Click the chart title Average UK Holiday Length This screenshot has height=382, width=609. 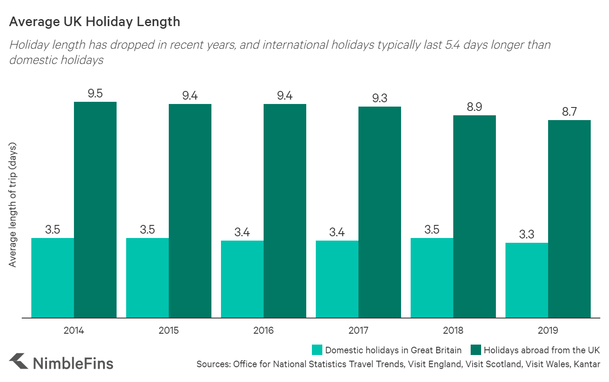pyautogui.click(x=94, y=22)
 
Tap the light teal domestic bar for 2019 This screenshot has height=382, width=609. pyautogui.click(x=526, y=280)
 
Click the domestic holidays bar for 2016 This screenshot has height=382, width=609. pyautogui.click(x=242, y=279)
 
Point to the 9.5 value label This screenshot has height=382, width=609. pyautogui.click(x=95, y=94)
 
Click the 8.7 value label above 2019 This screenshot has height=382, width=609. pyautogui.click(x=569, y=112)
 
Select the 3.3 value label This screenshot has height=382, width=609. pyautogui.click(x=526, y=235)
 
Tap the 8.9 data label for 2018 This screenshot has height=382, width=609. pyautogui.click(x=475, y=107)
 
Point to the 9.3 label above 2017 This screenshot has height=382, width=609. pyautogui.click(x=380, y=98)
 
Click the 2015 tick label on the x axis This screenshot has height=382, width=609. pyautogui.click(x=169, y=331)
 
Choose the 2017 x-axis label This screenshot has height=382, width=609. pyautogui.click(x=358, y=331)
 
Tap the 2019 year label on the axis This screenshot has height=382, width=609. pyautogui.click(x=548, y=331)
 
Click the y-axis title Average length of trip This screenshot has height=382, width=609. pyautogui.click(x=13, y=204)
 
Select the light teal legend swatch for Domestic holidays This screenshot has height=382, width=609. pyautogui.click(x=317, y=350)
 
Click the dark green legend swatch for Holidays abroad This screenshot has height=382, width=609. pyautogui.click(x=476, y=350)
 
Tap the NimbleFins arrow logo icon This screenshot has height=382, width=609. pyautogui.click(x=19, y=361)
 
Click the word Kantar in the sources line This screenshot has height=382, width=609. pyautogui.click(x=587, y=364)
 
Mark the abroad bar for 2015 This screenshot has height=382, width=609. pyautogui.click(x=190, y=211)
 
